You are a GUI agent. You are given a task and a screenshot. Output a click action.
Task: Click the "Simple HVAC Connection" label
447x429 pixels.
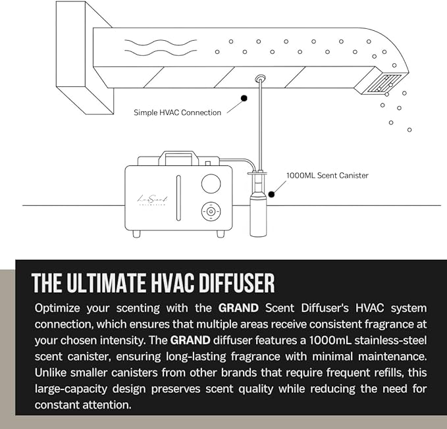pos(177,113)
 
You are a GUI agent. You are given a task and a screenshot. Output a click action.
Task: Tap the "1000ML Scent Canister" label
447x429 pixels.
pos(327,176)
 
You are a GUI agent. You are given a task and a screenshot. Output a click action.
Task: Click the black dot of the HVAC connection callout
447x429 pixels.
pos(244,98)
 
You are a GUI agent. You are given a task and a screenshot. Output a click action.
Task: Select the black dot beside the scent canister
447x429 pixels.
pos(271,194)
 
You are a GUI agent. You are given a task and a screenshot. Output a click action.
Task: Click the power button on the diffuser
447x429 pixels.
pos(211,212)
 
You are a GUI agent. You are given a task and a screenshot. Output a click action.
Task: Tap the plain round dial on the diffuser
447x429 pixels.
pos(211,184)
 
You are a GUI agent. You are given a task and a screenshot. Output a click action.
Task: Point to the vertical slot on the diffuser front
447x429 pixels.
pos(178,198)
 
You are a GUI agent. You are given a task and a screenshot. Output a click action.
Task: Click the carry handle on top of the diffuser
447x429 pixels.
pos(179,157)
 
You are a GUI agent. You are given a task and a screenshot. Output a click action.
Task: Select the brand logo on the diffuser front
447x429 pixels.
pos(153,200)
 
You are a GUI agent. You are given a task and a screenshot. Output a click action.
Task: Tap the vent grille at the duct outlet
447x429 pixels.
pos(383,84)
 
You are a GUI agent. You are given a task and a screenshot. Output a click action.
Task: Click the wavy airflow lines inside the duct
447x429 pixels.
pos(161,47)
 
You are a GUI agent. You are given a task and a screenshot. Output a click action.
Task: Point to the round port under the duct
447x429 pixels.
pos(260,78)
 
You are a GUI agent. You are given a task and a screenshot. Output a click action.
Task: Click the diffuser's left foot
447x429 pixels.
pos(136,234)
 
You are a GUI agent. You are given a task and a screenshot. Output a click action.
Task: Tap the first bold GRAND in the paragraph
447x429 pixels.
pos(238,308)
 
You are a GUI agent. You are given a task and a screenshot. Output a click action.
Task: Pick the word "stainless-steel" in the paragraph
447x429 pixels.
pos(390,340)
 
